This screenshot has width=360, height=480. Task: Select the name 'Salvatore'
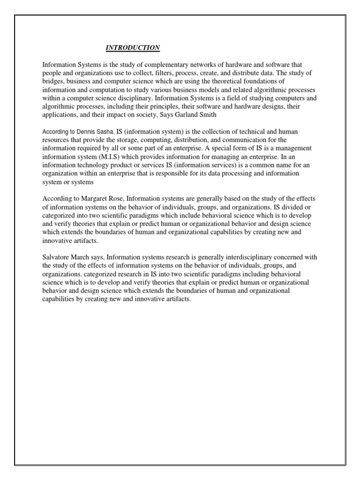click(x=59, y=257)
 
